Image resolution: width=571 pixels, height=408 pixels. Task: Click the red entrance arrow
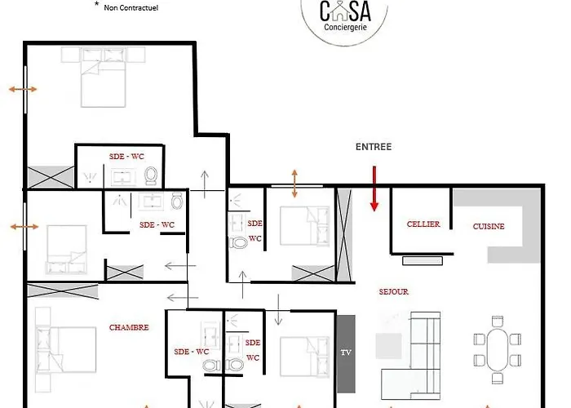pyautogui.click(x=374, y=188)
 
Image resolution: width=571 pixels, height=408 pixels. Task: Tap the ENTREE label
pyautogui.click(x=374, y=147)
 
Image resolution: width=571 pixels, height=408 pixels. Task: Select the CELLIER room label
pyautogui.click(x=423, y=224)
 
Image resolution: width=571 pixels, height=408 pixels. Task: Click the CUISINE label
pyautogui.click(x=489, y=226)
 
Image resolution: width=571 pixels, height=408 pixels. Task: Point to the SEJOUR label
pyautogui.click(x=394, y=292)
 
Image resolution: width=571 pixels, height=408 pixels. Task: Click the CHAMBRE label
pyautogui.click(x=129, y=327)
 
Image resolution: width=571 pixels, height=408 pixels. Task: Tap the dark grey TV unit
pyautogui.click(x=346, y=353)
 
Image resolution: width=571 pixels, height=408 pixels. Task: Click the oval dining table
pyautogui.click(x=498, y=350)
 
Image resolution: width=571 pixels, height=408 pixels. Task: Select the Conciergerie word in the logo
pyautogui.click(x=345, y=27)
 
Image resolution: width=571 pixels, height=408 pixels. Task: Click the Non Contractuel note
pyautogui.click(x=131, y=7)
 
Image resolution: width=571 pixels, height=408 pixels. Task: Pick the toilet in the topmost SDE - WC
pyautogui.click(x=150, y=175)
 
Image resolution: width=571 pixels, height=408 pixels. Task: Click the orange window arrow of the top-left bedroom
pyautogui.click(x=23, y=89)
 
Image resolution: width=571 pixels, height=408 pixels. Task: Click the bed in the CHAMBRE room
pyautogui.click(x=66, y=349)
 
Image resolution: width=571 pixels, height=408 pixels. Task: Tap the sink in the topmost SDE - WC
pyautogui.click(x=123, y=177)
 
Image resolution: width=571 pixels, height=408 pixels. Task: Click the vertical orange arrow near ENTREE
pyautogui.click(x=294, y=184)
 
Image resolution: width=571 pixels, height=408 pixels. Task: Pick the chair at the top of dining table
pyautogui.click(x=498, y=322)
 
